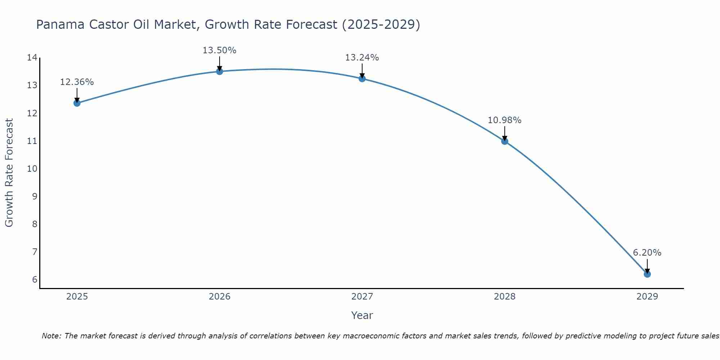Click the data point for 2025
(x=77, y=103)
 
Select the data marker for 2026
(x=220, y=71)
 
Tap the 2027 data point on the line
(x=362, y=78)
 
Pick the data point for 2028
(x=505, y=141)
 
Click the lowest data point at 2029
(x=647, y=274)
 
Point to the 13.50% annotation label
(x=219, y=50)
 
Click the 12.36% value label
(x=77, y=82)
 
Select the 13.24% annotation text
(x=362, y=58)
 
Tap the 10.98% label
(x=504, y=120)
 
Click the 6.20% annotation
(x=647, y=253)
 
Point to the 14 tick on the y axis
(x=32, y=58)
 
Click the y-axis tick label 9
(x=35, y=196)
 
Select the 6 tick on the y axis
(x=35, y=279)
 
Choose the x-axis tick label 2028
(x=505, y=297)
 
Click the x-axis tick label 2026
(x=220, y=297)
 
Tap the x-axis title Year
(x=362, y=315)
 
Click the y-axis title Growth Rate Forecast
(x=9, y=173)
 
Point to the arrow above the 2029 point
(x=647, y=266)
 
